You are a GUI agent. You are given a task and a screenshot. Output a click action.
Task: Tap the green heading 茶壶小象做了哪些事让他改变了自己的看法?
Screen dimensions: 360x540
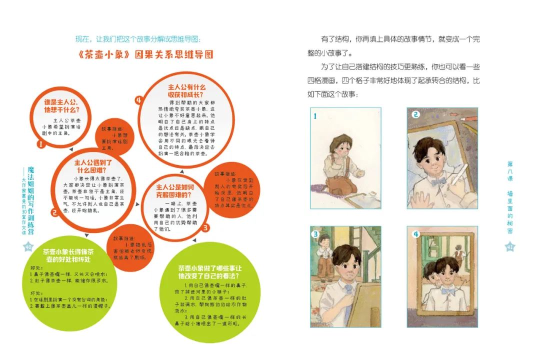210,271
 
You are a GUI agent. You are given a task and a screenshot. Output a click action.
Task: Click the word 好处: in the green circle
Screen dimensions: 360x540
37,267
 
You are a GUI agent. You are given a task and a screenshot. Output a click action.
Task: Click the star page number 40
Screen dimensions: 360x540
28,246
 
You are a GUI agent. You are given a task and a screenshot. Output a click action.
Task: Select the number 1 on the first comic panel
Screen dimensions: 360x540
315,117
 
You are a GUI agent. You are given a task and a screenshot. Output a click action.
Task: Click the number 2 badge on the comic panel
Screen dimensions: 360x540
414,114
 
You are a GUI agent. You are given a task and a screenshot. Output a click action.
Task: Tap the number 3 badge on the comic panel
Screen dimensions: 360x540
316,234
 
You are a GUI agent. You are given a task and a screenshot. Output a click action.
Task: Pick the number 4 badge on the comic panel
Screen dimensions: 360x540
415,234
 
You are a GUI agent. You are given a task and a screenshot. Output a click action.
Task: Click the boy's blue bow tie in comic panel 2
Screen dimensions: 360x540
438,181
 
